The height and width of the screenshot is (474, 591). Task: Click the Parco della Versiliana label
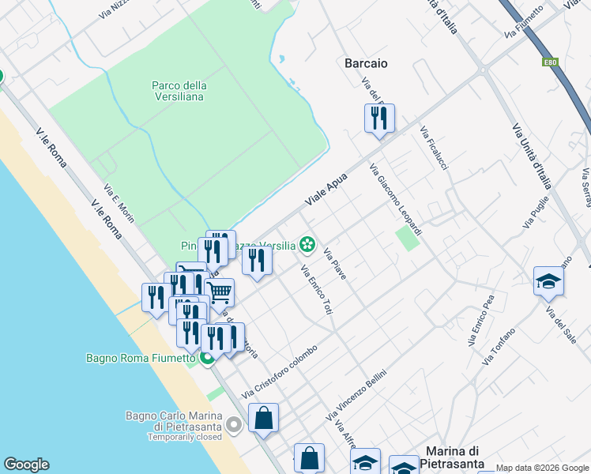(179, 91)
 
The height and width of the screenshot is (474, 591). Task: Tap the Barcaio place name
(366, 63)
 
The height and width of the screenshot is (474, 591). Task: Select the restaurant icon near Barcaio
(379, 118)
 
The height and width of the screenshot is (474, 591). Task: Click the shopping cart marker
(220, 292)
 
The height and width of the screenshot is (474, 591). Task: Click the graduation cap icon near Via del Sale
(548, 281)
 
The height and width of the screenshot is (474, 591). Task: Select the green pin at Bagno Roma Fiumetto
(207, 359)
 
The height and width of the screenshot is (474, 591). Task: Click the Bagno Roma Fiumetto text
(140, 358)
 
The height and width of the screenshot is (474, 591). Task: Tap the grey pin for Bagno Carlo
(233, 426)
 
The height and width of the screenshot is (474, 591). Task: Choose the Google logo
(26, 465)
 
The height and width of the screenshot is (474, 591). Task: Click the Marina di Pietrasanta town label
(460, 457)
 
